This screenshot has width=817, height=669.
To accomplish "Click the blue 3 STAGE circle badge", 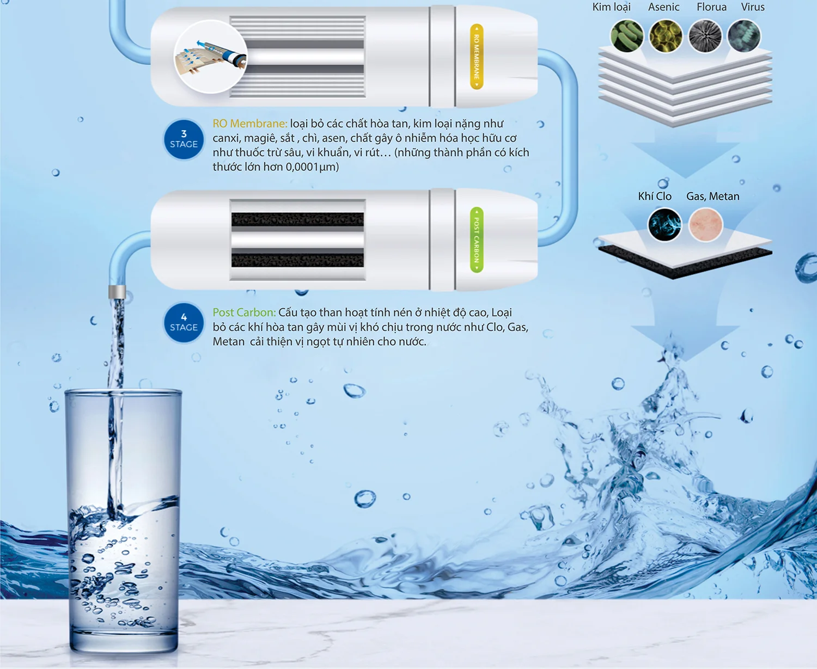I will click(x=184, y=139).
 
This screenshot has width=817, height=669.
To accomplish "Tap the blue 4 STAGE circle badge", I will click(x=184, y=322).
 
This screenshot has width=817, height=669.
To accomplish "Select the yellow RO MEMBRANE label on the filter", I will click(x=477, y=57).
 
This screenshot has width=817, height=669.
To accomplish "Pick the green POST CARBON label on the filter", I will click(x=477, y=240).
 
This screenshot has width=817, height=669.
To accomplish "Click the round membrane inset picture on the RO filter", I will click(x=210, y=57).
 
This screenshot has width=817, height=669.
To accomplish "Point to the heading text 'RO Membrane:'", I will click(x=249, y=124).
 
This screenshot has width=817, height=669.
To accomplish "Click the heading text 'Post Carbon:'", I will click(x=243, y=312).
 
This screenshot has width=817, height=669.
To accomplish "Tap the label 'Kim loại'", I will click(x=611, y=7).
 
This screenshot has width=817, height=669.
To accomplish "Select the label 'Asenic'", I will click(x=663, y=7).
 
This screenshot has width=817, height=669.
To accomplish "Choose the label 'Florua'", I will click(x=711, y=7).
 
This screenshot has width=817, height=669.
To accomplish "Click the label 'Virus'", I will click(x=753, y=7).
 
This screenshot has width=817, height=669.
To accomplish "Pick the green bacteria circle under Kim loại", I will click(x=627, y=36).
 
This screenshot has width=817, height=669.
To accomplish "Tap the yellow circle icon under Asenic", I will click(x=666, y=36).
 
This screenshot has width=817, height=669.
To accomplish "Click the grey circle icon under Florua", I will click(x=705, y=36).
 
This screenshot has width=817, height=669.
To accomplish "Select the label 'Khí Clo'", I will click(x=655, y=197).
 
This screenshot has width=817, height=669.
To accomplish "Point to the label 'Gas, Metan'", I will click(x=712, y=197).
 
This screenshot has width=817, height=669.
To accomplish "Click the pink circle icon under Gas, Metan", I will click(x=705, y=224).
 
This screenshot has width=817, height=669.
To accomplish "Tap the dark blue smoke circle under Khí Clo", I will click(x=664, y=224).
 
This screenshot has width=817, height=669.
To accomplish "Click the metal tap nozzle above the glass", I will click(x=117, y=292).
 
